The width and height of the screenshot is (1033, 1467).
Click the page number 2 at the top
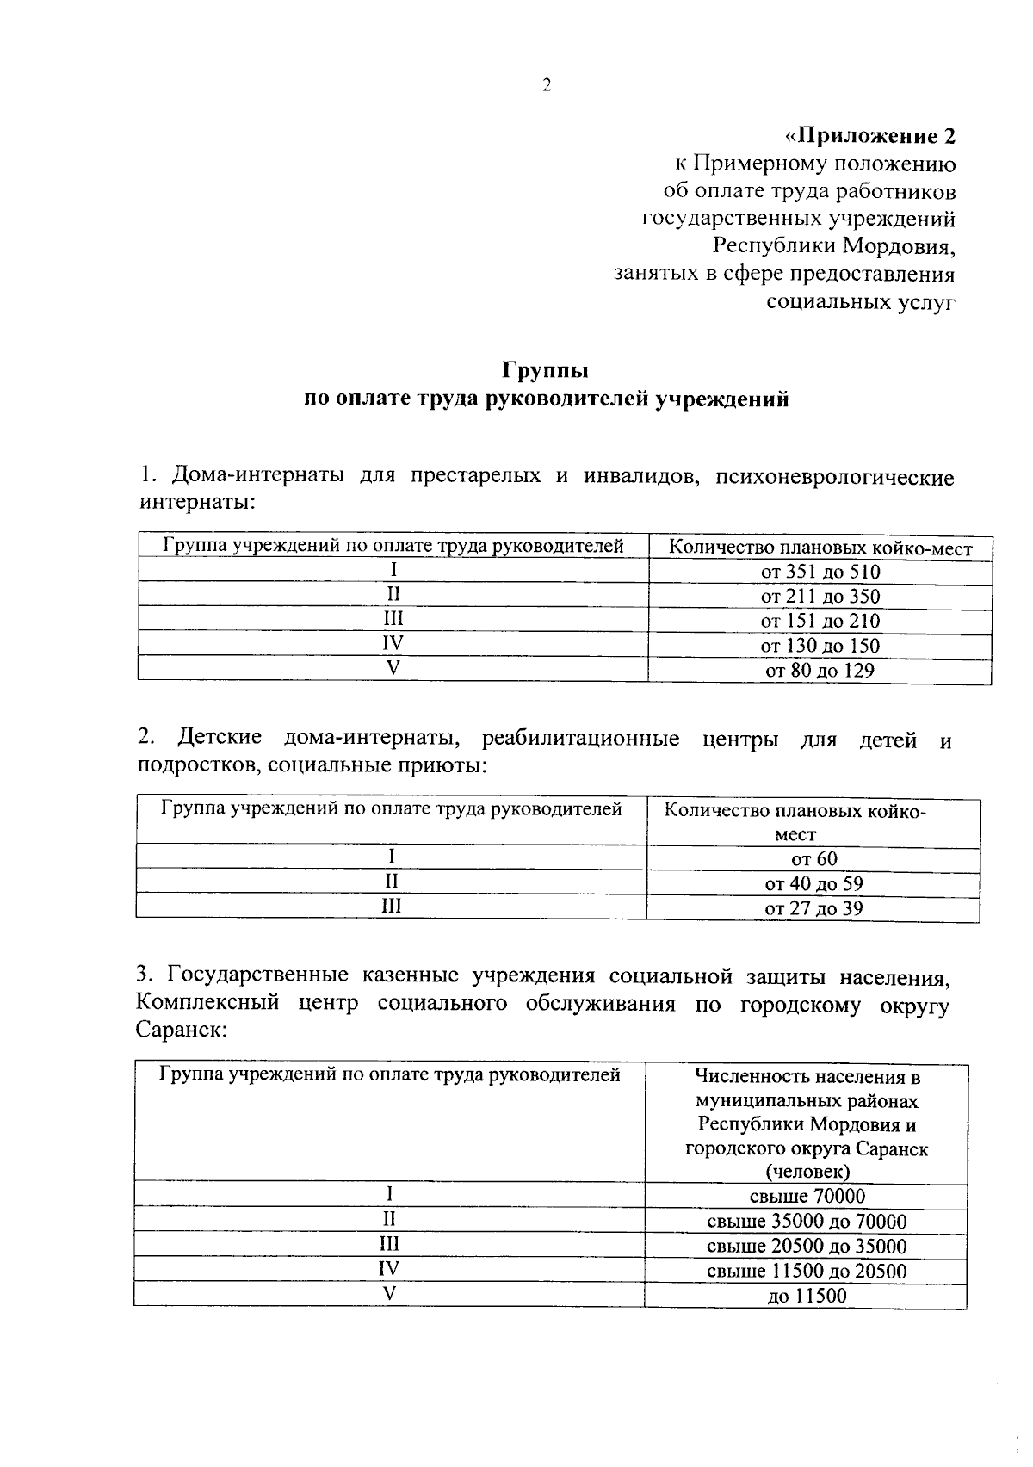546,84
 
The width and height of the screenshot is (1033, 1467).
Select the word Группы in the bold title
546,370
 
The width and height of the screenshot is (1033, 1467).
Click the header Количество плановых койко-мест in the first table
820,548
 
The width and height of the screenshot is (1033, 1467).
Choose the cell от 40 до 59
813,883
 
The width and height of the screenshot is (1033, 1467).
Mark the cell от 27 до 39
813,908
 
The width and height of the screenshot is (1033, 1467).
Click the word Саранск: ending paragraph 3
181,1031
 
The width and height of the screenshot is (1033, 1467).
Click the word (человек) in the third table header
807,1172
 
